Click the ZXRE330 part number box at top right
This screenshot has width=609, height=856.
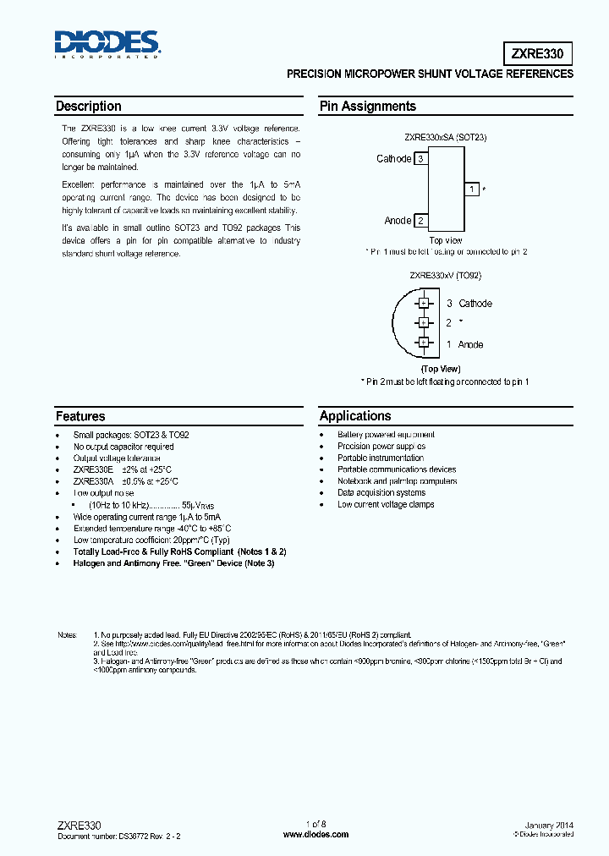click(539, 53)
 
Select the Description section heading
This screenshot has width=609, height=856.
click(89, 107)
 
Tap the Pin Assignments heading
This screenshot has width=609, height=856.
click(367, 107)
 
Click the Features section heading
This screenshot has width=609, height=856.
click(80, 416)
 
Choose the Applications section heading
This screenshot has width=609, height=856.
click(355, 416)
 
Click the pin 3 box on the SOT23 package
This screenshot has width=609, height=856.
click(421, 159)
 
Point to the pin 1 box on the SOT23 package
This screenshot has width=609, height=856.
click(472, 189)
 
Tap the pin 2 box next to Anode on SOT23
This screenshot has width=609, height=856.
click(421, 221)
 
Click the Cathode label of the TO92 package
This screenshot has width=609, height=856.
click(475, 304)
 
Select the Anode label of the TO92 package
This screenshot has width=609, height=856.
click(470, 344)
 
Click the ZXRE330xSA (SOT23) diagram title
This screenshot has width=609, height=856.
click(445, 137)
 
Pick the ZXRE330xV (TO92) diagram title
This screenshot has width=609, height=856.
click(445, 276)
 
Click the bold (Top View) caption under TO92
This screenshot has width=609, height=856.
click(440, 369)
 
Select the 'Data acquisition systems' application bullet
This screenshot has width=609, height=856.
click(381, 493)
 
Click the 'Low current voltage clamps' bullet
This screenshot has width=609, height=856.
click(386, 505)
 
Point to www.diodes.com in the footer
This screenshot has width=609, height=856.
click(315, 835)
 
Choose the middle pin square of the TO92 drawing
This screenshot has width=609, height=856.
click(423, 322)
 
